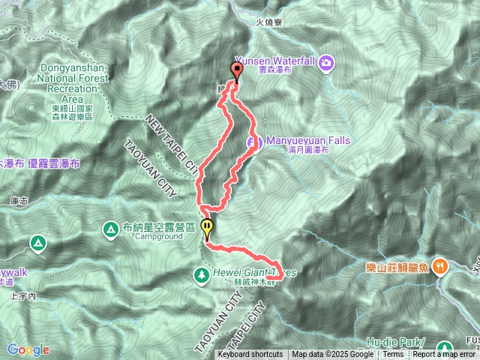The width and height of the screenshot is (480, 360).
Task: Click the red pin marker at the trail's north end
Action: (238, 72)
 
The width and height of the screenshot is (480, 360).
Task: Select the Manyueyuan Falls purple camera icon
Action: (253, 142)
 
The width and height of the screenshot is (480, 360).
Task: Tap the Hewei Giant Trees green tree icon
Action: (202, 274)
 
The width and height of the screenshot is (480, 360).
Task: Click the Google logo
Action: (28, 350)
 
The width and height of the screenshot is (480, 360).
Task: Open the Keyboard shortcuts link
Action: (250, 355)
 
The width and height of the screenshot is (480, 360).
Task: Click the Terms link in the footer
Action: (393, 355)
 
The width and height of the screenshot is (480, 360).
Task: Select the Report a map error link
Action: (443, 355)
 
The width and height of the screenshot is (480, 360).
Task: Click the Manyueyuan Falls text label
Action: (298, 139)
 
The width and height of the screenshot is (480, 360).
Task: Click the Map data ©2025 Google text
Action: (333, 355)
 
